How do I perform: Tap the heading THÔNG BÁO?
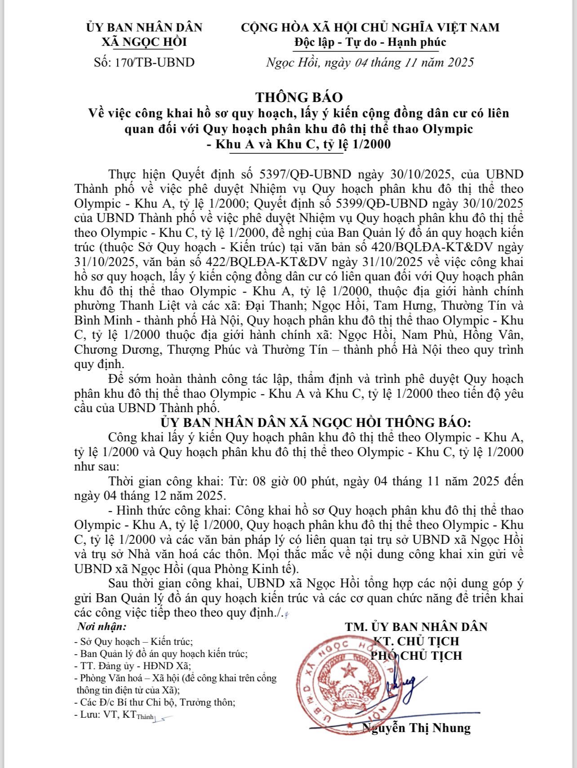[x=299, y=97]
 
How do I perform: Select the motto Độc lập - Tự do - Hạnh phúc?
[x=370, y=42]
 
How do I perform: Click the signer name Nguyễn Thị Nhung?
[x=417, y=728]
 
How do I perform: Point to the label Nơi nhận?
[x=102, y=626]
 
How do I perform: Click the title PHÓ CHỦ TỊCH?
[x=416, y=656]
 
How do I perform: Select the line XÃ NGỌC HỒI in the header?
[x=144, y=42]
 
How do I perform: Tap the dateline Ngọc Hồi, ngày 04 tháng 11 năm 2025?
[x=370, y=62]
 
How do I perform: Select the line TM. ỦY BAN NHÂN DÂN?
[x=416, y=626]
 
